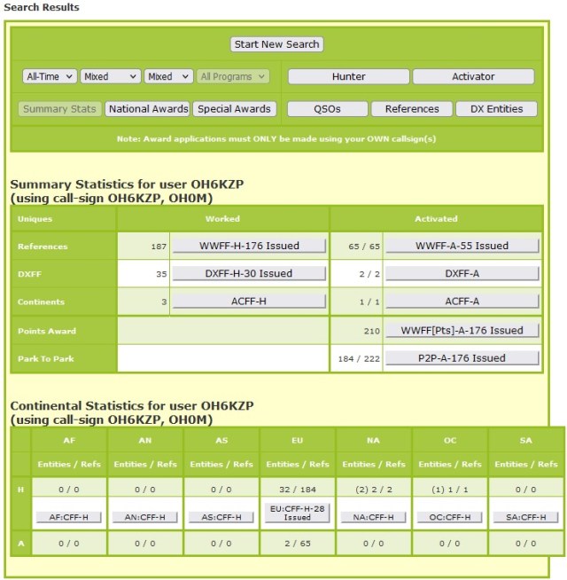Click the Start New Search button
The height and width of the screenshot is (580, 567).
(277, 44)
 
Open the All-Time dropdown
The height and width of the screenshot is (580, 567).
(50, 77)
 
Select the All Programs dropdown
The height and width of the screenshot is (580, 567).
(233, 77)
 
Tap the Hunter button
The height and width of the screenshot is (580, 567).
(348, 77)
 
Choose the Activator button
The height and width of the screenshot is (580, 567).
(473, 77)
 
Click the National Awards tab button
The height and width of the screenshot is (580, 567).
(147, 109)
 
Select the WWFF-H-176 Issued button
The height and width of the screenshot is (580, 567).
(249, 246)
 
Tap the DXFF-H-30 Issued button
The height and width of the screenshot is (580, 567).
(249, 274)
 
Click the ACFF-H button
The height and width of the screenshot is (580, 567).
(249, 302)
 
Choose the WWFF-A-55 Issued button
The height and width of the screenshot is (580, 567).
(462, 246)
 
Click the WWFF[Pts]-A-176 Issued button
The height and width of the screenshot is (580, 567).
(462, 331)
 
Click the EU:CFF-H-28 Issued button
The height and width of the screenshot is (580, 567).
(297, 513)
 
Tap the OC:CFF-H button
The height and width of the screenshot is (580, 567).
(449, 517)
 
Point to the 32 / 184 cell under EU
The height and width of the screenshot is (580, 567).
(297, 488)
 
